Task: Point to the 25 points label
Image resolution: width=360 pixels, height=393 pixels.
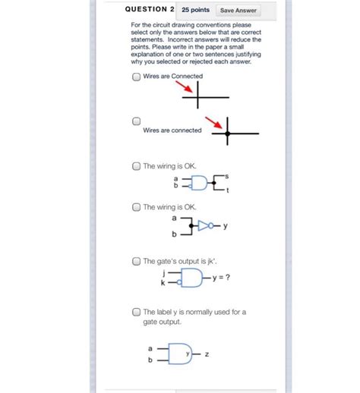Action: (195, 10)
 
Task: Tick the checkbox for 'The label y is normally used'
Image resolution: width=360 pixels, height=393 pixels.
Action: (136, 312)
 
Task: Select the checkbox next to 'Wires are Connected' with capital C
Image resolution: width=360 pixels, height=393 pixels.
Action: (136, 77)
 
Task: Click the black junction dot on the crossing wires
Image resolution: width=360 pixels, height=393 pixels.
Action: (227, 134)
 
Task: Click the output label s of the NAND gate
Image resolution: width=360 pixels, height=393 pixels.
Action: (226, 175)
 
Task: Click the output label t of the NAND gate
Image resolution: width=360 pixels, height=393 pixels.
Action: (226, 190)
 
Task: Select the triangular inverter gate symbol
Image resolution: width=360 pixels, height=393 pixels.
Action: (204, 225)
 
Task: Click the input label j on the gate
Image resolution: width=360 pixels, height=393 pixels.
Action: (163, 272)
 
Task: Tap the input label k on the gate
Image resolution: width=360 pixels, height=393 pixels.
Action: (163, 282)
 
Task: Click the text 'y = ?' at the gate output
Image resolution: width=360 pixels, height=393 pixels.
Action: (221, 277)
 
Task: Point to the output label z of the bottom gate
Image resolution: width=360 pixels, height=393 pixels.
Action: (206, 354)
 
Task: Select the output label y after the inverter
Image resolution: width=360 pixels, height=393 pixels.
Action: (226, 226)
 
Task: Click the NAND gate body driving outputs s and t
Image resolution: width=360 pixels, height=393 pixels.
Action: (198, 183)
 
